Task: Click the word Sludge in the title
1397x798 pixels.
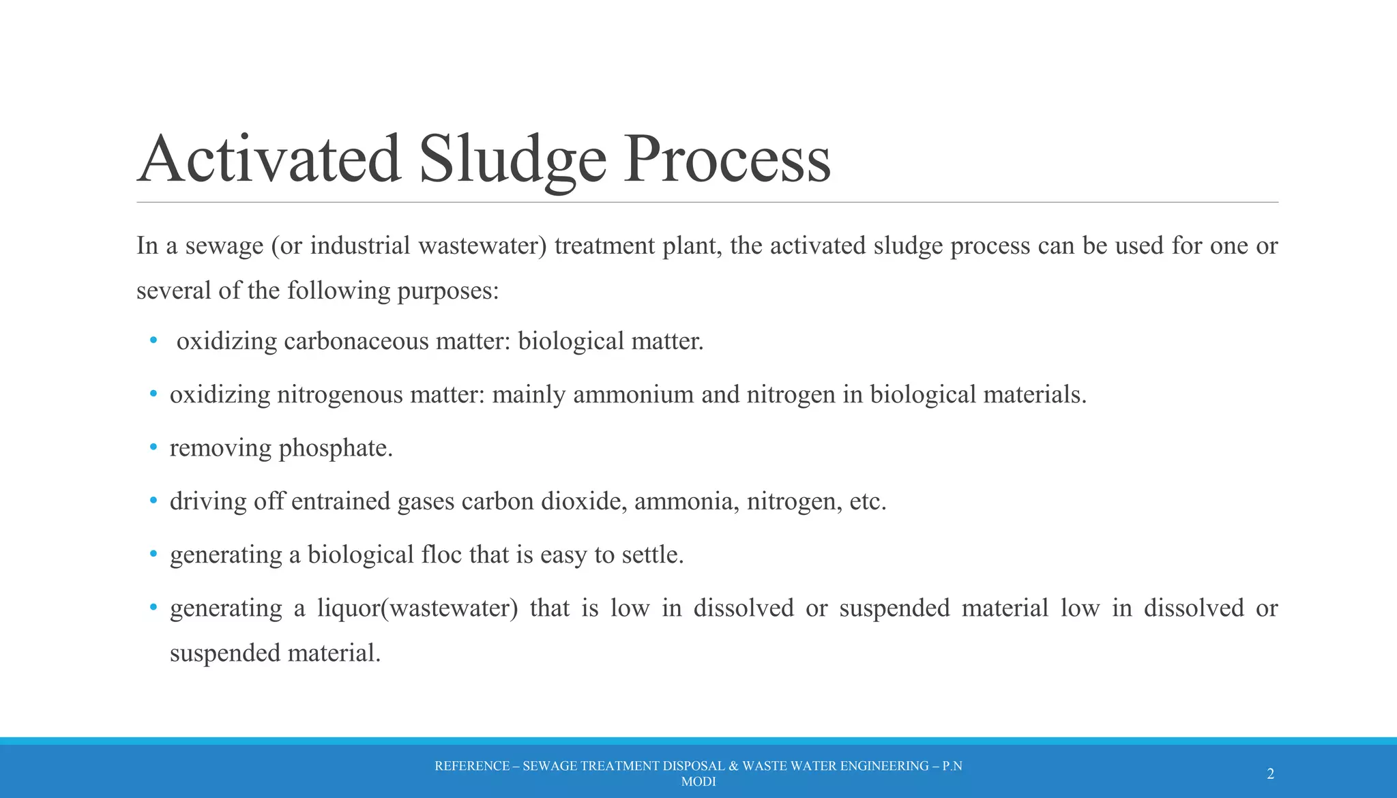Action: [x=512, y=159]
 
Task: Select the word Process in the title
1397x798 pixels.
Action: [x=727, y=159]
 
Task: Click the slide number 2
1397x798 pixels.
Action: [x=1270, y=773]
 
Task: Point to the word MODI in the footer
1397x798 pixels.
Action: [x=698, y=782]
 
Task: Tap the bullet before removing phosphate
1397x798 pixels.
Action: [x=153, y=447]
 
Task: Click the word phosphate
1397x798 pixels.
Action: [x=336, y=448]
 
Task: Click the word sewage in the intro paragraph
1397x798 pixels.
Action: [x=224, y=246]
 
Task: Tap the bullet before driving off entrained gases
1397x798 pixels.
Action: [x=153, y=501]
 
